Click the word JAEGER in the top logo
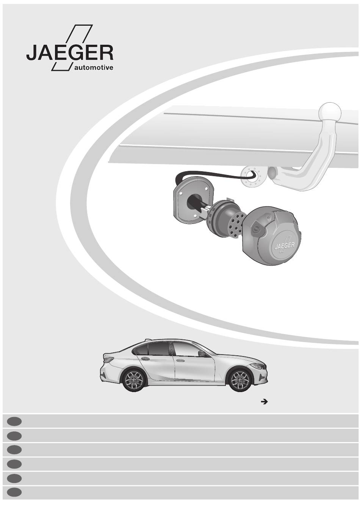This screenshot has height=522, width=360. (70, 53)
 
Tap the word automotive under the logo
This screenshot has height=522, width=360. (94, 68)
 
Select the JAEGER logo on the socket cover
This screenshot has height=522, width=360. (285, 245)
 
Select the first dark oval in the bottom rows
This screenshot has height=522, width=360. (14, 421)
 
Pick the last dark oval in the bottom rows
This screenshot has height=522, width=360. (14, 492)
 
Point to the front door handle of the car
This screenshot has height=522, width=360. (179, 361)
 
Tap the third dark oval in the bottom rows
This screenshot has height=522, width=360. (14, 450)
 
